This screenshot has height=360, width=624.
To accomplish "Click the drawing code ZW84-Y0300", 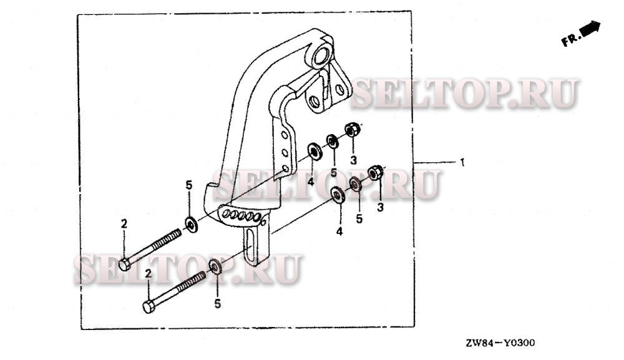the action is [500, 343].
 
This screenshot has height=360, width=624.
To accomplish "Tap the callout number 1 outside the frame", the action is [462, 162].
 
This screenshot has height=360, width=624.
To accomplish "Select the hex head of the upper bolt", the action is [125, 264].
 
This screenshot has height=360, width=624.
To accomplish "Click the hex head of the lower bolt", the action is [149, 307].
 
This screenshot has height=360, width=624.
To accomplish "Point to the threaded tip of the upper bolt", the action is [178, 233].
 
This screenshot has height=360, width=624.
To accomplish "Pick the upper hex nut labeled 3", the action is [352, 129].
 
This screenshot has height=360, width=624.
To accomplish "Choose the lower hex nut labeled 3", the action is [375, 172].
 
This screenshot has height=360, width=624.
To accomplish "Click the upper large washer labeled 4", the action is [315, 151].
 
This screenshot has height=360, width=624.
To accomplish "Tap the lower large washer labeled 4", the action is [339, 195].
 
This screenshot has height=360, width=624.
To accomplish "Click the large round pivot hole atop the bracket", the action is [321, 55].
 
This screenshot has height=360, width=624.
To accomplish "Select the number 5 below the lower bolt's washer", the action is [217, 303].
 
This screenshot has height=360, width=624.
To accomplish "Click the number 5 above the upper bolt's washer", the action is [188, 185].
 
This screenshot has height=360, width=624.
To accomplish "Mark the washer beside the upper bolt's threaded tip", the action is [192, 225].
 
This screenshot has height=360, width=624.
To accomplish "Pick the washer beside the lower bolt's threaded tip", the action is [215, 266].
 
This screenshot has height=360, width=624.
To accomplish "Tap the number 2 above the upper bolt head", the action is [124, 224].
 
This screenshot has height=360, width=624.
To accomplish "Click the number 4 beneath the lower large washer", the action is [339, 231].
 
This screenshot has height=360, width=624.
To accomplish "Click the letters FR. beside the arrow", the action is [571, 40].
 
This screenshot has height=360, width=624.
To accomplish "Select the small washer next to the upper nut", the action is [333, 141].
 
